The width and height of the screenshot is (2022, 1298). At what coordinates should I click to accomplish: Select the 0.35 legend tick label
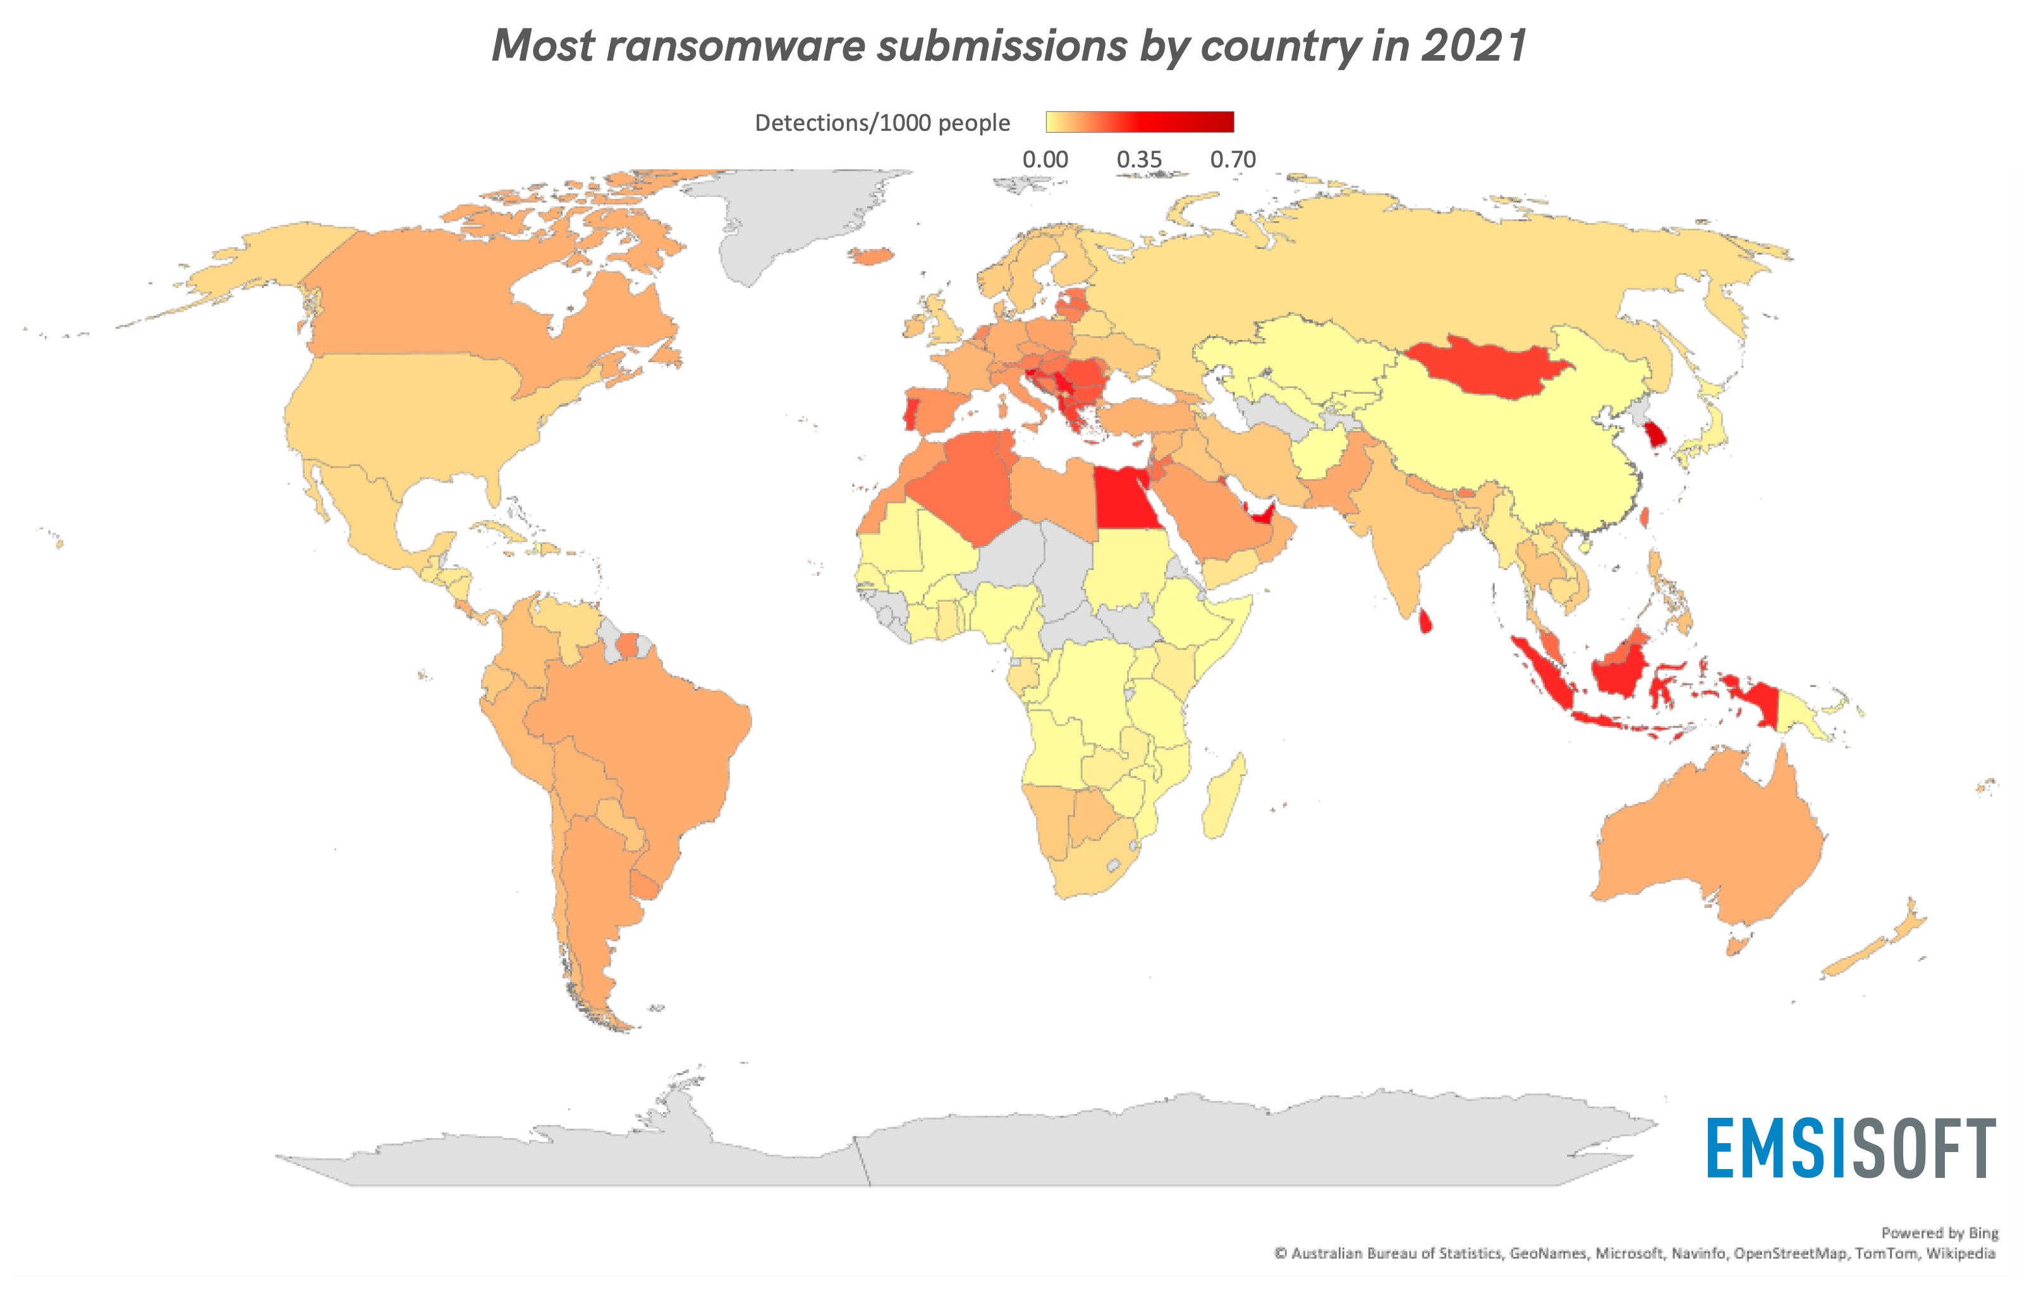[1139, 159]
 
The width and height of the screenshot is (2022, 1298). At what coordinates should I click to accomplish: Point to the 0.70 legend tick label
[1233, 159]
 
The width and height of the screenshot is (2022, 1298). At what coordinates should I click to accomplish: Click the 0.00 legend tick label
[1045, 159]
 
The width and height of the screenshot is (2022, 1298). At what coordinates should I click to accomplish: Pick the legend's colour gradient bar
[1140, 122]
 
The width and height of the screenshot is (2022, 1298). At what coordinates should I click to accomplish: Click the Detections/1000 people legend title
[882, 123]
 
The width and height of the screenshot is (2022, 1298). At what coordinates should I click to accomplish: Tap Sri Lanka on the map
[1425, 621]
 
